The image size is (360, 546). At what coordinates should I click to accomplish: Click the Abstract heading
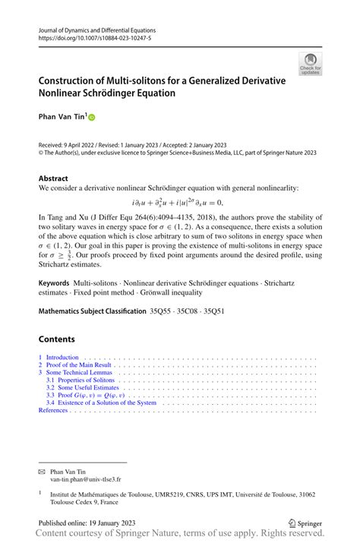(53, 178)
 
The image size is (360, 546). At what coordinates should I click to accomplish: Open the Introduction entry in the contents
(62, 357)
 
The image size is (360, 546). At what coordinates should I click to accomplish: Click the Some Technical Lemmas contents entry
(79, 373)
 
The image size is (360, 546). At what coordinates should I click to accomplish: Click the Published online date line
(92, 523)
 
